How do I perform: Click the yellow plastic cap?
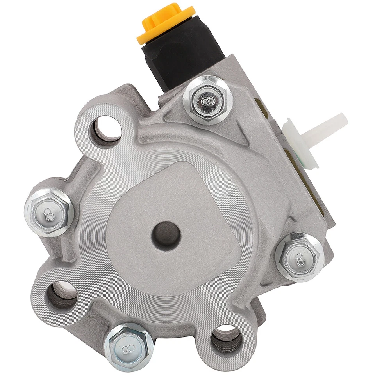click(166, 24)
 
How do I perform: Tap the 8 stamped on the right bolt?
click(300, 258)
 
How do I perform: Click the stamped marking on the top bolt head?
click(207, 101)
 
